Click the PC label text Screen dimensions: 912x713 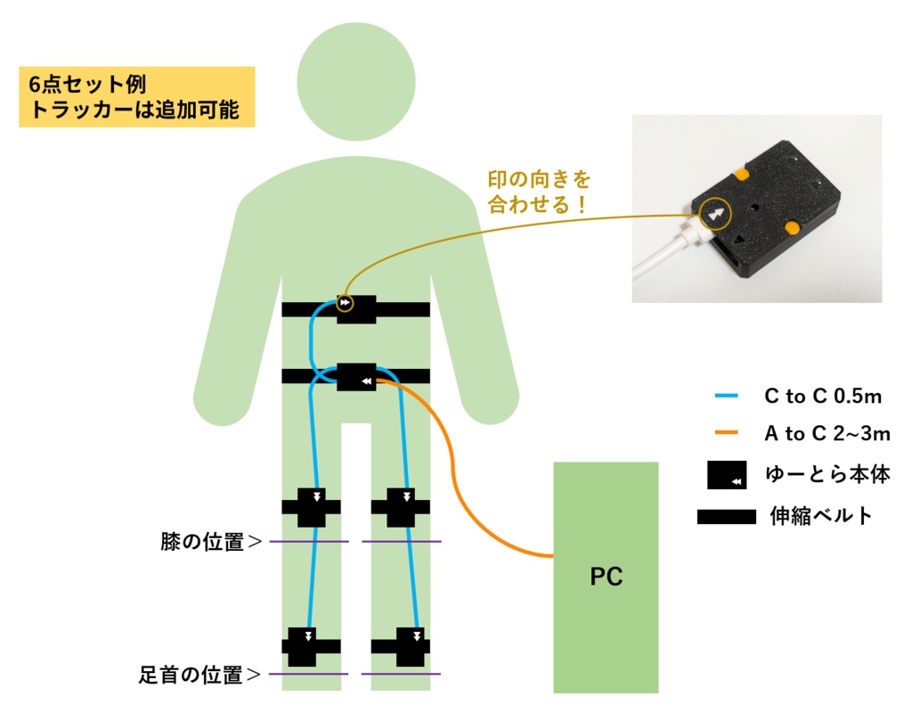point(606,577)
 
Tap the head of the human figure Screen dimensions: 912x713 point(356,81)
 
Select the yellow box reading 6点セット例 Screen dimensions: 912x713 point(137,96)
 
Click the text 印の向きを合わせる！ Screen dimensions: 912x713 point(539,193)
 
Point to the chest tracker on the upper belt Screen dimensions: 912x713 point(356,309)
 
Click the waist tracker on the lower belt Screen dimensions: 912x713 point(356,376)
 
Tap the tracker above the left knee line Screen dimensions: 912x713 point(312,507)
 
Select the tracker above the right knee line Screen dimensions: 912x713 point(402,507)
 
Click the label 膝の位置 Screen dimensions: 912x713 point(211,542)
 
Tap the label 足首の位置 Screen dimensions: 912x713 point(199,675)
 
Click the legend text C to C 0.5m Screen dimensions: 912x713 point(823,397)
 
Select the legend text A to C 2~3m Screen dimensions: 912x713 point(827,434)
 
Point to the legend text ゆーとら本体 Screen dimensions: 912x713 point(827,474)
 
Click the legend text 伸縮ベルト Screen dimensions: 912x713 point(821,516)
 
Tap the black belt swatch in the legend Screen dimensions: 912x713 point(727,516)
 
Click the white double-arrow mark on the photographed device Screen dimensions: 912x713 point(717,214)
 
